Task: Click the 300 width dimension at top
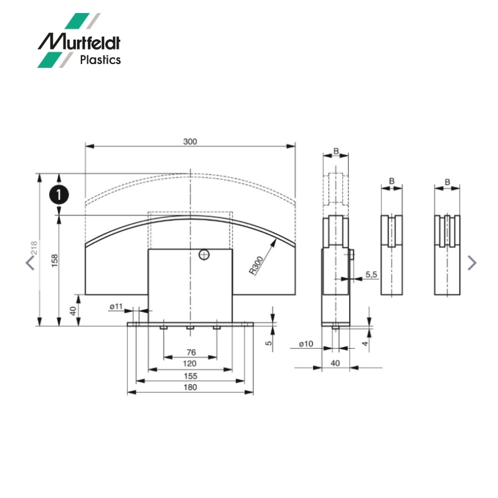tap(190, 142)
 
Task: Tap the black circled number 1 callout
tap(59, 194)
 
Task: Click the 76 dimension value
tap(190, 352)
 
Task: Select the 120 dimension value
tap(190, 364)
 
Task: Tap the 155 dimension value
tap(190, 375)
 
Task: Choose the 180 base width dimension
tap(190, 387)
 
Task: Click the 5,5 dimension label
tap(371, 274)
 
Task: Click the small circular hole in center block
tap(204, 253)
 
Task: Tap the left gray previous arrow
tap(30, 263)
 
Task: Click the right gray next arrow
tap(472, 263)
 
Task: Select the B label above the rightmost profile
tap(447, 181)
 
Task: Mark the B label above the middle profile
tap(392, 181)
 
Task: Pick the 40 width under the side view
tap(336, 363)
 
